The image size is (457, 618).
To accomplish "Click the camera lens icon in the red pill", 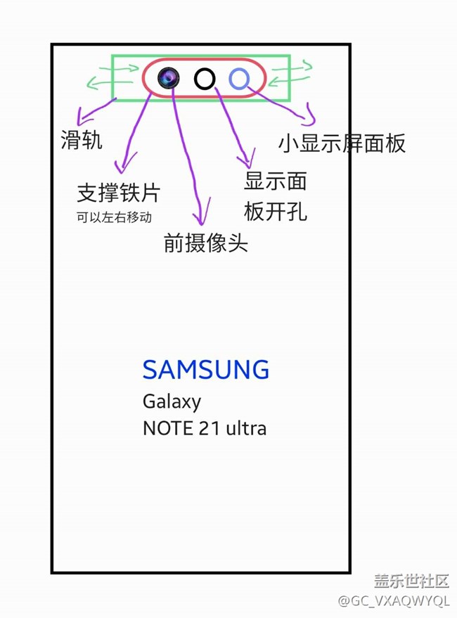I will coord(169,78).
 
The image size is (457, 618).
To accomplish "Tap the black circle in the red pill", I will coord(205,79).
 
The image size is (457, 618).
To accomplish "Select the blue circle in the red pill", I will coord(239,79).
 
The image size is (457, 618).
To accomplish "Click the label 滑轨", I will coord(82,140).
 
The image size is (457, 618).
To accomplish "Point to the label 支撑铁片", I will coord(119,193).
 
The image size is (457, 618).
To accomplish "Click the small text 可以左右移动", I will coord(114,217).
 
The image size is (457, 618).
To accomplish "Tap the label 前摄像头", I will coord(205,243).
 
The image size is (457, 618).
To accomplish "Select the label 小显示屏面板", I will coord(342,143).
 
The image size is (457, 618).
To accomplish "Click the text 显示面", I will coord(276,181).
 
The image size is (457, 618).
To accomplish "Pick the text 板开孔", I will coord(276,211).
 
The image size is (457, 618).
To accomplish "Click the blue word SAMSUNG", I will coord(206,369).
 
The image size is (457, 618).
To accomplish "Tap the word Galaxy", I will coord(172,401).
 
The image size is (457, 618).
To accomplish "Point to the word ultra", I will coord(245,428).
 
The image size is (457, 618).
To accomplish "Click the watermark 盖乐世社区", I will coord(411,581).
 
